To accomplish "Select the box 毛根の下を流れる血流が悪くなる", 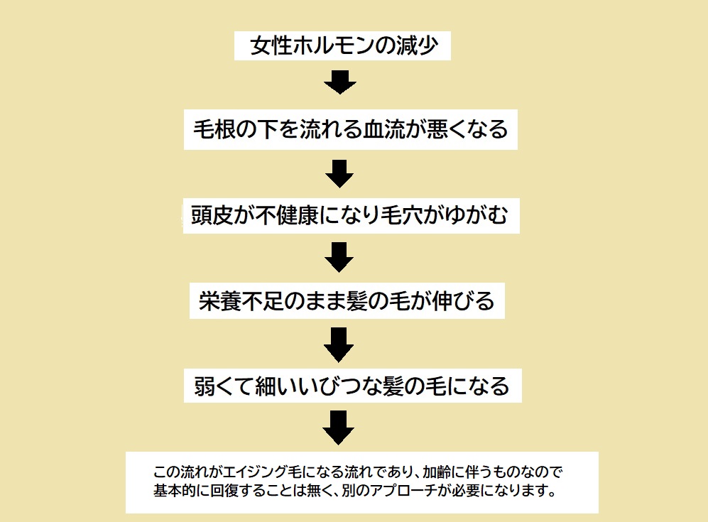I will point(351,129).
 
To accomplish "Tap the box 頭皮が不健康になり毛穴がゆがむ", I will point(350,214).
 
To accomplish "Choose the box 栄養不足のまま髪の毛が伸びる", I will point(347,301).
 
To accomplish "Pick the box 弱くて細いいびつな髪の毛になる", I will point(352,386).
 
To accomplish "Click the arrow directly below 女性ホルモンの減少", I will point(339,82).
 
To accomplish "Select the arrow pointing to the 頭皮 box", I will point(339,172).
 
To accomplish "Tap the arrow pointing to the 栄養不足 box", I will point(339,257).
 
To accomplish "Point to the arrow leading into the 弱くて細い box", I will point(339,344).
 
